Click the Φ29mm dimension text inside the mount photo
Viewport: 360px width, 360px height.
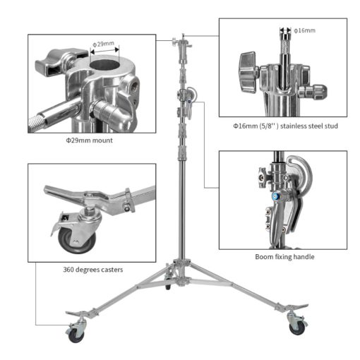click(104, 44)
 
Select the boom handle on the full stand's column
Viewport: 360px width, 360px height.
click(188, 97)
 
